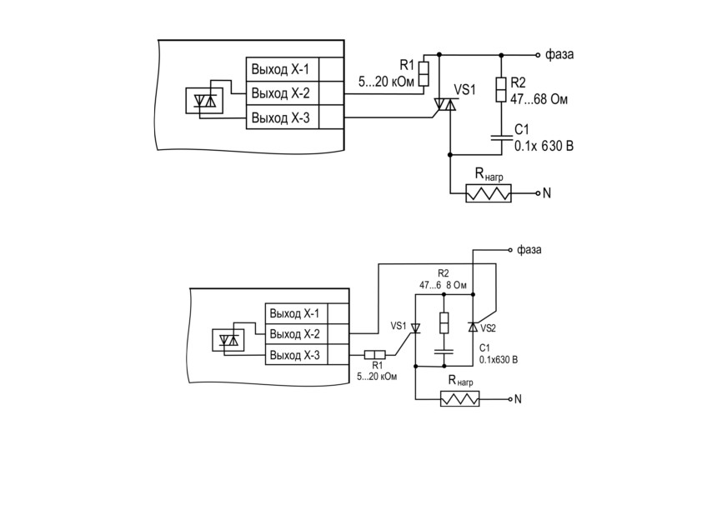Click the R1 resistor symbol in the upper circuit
(x=424, y=73)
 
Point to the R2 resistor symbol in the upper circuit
(x=501, y=89)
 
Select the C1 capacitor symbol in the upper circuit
(x=501, y=137)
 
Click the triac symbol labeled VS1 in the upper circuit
(x=445, y=104)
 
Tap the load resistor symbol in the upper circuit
(x=489, y=193)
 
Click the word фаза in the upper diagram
(x=559, y=55)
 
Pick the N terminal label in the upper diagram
(x=547, y=192)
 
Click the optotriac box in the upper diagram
(x=204, y=101)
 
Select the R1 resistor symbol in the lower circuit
(x=374, y=355)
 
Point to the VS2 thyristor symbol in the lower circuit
(x=473, y=327)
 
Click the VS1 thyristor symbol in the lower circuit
(x=415, y=328)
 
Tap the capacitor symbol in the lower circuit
(x=444, y=351)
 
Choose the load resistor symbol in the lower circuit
(x=460, y=399)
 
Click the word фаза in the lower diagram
(x=529, y=250)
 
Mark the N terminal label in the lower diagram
(x=518, y=399)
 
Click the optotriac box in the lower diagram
(x=228, y=340)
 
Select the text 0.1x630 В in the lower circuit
(x=499, y=360)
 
